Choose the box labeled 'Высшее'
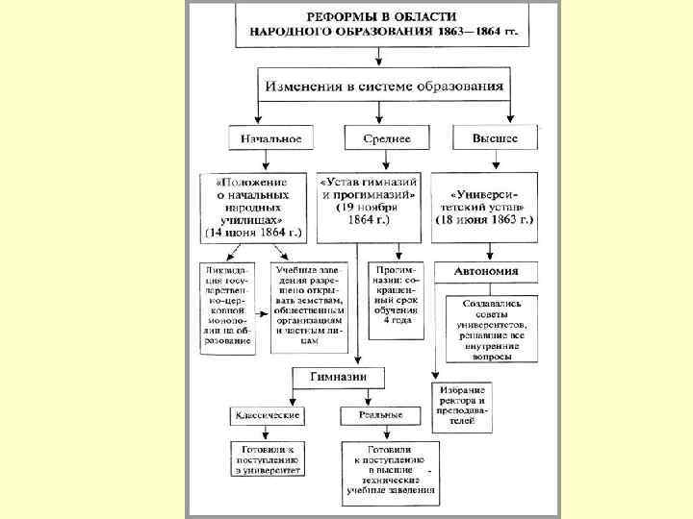coord(495,139)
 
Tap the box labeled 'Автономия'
coord(487,272)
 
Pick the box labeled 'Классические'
coord(266,416)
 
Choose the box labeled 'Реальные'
coord(380,416)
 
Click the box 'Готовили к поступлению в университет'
coord(267,460)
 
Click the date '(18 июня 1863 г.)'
coord(488,221)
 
